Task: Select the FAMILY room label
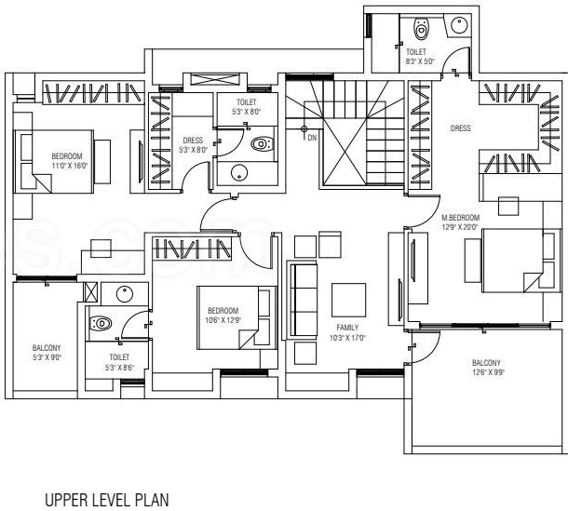click(347, 328)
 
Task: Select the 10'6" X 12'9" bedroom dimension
click(223, 319)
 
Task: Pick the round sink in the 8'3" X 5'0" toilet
click(459, 25)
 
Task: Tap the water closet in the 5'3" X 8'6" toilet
click(101, 323)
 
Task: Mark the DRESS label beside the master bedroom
click(459, 129)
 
